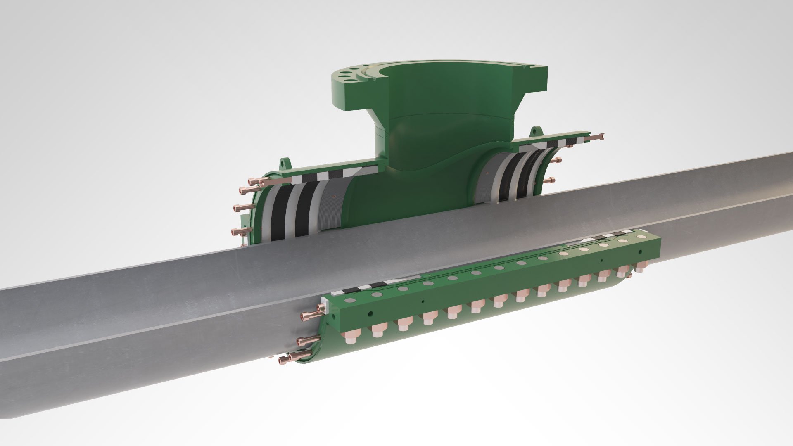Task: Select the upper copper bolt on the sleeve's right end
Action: click(553, 160)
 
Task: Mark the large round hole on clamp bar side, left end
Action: click(370, 313)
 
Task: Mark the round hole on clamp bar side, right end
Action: click(640, 251)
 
